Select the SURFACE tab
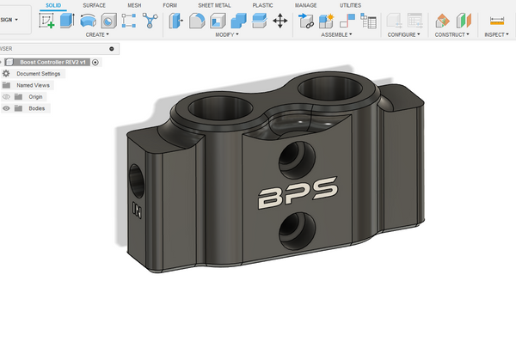pos(95,5)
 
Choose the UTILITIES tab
pos(350,5)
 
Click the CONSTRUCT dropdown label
pos(451,35)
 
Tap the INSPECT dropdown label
pos(496,35)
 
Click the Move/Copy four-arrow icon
pos(279,21)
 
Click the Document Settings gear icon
pos(6,74)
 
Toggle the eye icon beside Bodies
pos(6,108)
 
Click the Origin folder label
pos(35,97)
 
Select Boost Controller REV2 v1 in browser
pos(53,62)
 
